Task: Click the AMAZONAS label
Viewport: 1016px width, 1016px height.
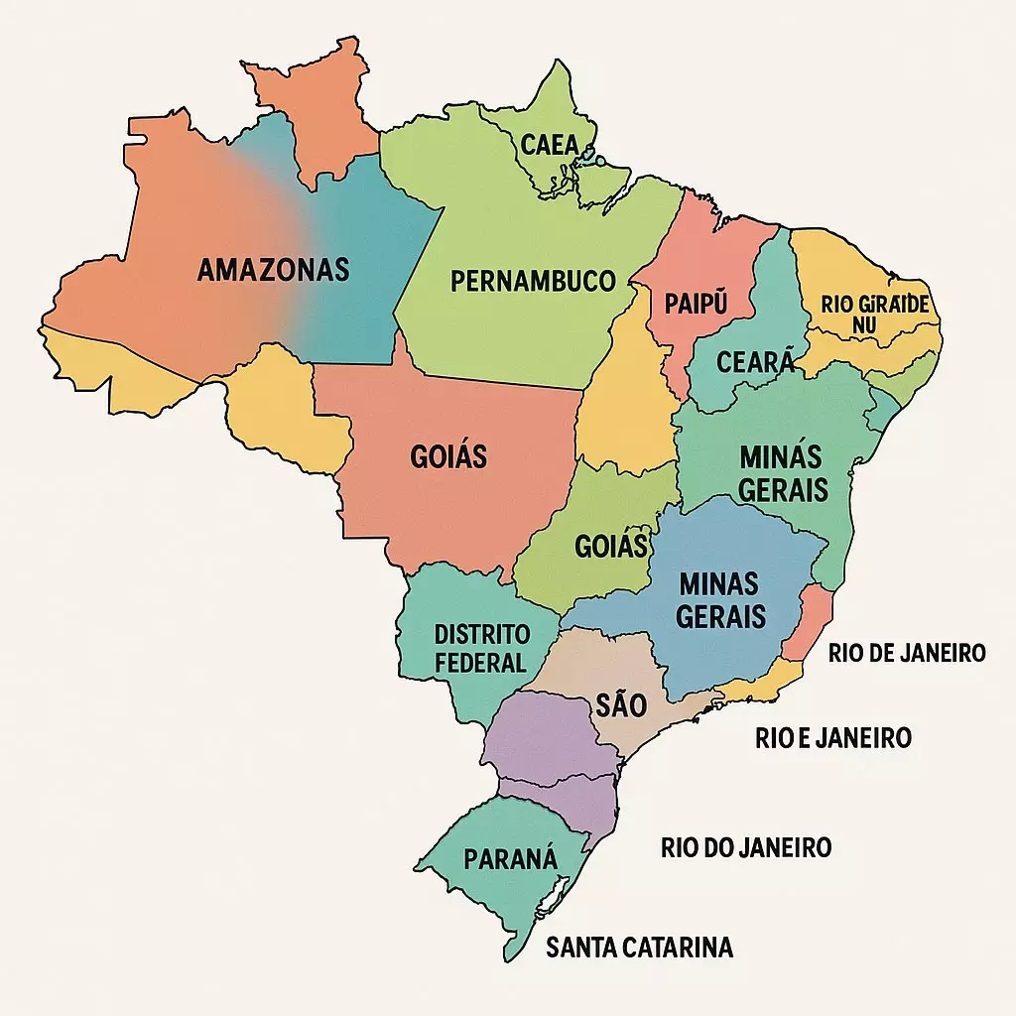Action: click(273, 269)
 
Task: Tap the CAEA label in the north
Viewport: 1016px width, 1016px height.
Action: click(549, 146)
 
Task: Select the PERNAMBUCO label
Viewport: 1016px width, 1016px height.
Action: click(533, 281)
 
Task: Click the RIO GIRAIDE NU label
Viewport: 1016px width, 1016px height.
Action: click(875, 314)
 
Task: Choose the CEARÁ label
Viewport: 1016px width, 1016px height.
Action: click(743, 362)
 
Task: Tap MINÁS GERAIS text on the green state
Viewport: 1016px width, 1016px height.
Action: click(783, 472)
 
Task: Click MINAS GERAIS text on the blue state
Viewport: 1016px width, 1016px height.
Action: click(721, 599)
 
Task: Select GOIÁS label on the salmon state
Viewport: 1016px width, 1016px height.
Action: click(448, 457)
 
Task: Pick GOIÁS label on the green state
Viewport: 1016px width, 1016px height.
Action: click(611, 546)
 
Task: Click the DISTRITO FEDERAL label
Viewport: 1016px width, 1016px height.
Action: click(482, 648)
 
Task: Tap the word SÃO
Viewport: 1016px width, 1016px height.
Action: click(621, 705)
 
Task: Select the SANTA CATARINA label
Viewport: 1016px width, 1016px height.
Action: click(640, 948)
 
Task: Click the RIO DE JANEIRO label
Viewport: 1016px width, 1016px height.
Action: click(907, 652)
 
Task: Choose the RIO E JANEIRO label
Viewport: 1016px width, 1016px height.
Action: click(833, 738)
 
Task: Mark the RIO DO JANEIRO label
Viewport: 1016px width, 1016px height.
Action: click(746, 847)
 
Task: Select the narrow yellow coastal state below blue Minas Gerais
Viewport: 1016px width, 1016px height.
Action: click(759, 686)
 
